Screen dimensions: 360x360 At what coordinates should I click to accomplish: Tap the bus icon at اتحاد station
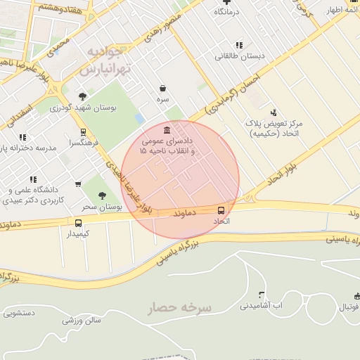(x=221, y=210)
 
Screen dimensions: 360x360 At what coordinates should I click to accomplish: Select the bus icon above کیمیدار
(x=78, y=223)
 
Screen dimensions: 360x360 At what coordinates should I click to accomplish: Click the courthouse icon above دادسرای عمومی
(x=167, y=131)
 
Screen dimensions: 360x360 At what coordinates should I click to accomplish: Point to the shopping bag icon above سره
(x=163, y=89)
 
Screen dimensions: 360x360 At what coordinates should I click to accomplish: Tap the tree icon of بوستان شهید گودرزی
(x=83, y=96)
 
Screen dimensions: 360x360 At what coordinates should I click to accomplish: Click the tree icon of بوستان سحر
(x=103, y=195)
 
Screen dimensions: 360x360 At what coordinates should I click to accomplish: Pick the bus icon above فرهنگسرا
(x=84, y=131)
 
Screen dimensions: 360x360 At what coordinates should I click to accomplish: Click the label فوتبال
(x=347, y=307)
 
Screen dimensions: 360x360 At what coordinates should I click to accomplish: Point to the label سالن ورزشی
(x=82, y=321)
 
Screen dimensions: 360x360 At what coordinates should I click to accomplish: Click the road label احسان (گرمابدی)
(x=233, y=96)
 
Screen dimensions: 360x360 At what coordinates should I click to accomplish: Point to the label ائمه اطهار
(x=342, y=12)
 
